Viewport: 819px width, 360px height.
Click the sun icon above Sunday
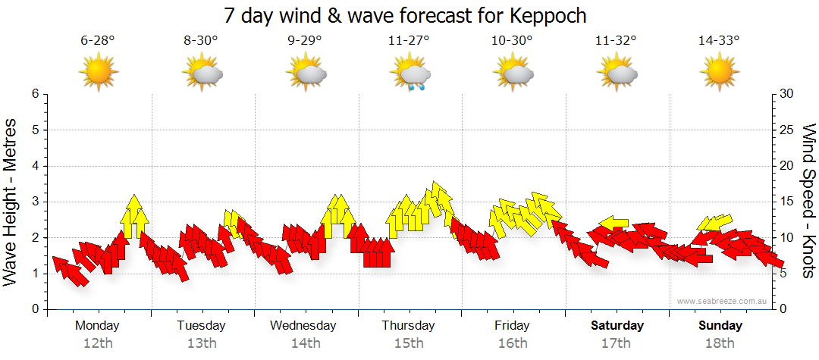click(x=719, y=74)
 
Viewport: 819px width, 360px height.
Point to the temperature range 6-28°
click(x=98, y=41)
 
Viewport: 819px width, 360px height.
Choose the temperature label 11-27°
click(x=409, y=41)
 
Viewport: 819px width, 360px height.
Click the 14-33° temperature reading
click(x=719, y=41)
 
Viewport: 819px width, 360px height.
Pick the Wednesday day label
click(x=303, y=326)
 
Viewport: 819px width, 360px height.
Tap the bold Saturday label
click(x=617, y=326)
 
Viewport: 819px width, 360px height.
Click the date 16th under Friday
click(x=513, y=343)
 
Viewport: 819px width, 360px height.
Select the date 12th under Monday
click(x=98, y=343)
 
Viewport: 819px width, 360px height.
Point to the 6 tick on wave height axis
click(x=34, y=94)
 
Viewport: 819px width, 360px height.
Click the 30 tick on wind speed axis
click(x=787, y=94)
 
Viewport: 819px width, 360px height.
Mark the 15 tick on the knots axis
click(x=787, y=202)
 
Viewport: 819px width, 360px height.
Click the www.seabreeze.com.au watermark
click(x=723, y=301)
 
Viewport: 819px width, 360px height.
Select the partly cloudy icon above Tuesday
click(x=202, y=74)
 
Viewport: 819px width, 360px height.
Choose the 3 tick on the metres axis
click(x=34, y=202)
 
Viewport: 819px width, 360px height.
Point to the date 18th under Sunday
click(x=720, y=343)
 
